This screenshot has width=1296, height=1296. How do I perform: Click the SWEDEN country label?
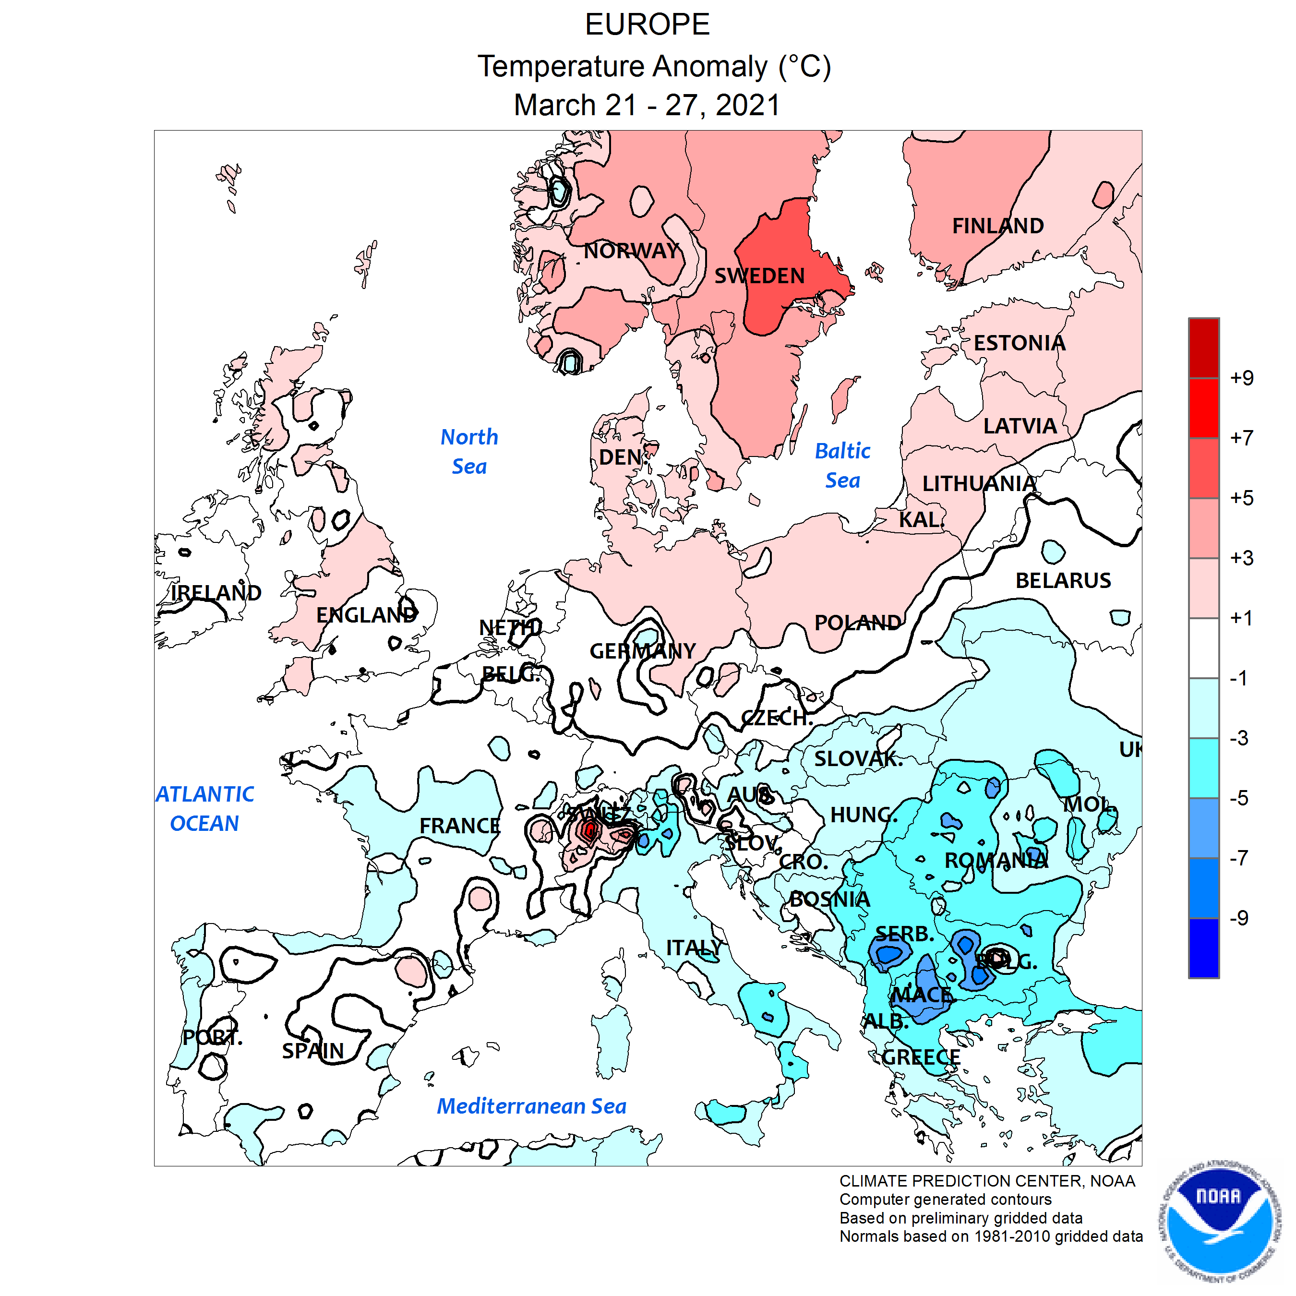point(759,276)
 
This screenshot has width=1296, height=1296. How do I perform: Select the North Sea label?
point(469,452)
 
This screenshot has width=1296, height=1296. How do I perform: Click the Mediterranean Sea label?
point(531,1106)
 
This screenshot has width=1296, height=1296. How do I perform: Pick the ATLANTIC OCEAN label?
point(204,808)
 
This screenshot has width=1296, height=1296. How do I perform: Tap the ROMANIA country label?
point(996,860)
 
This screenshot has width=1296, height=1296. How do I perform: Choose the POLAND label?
point(857,623)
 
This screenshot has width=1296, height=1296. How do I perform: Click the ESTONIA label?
point(1019,344)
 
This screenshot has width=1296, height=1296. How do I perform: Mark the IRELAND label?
point(216,593)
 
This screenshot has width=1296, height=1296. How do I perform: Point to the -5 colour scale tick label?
point(1238,798)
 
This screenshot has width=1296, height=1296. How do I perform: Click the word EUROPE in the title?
point(648,25)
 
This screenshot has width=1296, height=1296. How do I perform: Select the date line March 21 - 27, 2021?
point(648,105)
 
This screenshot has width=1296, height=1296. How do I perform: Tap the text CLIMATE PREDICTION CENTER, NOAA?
point(987,1181)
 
